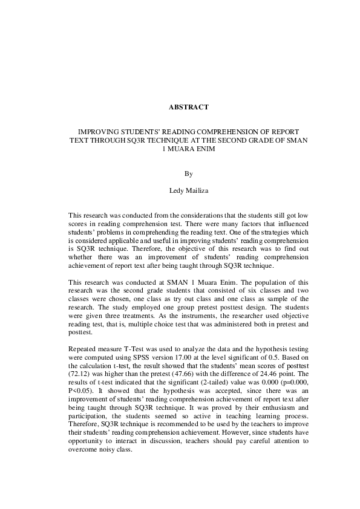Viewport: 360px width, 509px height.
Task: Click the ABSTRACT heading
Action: click(189, 107)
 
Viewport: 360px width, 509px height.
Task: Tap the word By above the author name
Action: click(189, 174)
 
